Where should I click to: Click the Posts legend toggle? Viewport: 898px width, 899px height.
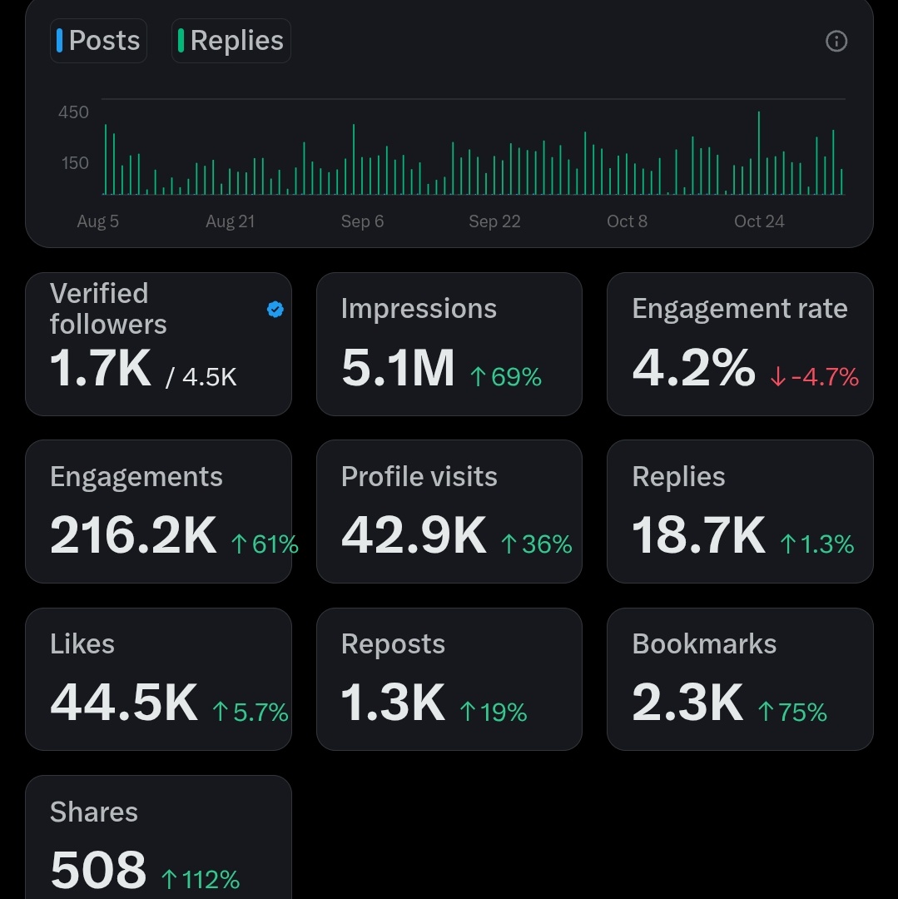pyautogui.click(x=98, y=41)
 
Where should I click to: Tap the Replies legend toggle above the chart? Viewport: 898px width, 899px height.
pyautogui.click(x=231, y=41)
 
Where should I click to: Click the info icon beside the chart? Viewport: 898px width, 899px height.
pyautogui.click(x=836, y=41)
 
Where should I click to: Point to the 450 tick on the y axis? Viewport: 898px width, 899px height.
pyautogui.click(x=73, y=112)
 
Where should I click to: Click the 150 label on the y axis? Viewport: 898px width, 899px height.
pyautogui.click(x=75, y=163)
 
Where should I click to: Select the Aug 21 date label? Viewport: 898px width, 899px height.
pyautogui.click(x=230, y=221)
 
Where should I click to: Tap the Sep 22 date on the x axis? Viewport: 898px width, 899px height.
pyautogui.click(x=494, y=221)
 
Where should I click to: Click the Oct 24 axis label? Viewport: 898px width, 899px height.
pyautogui.click(x=759, y=221)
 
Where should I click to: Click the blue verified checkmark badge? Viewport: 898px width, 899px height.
pyautogui.click(x=275, y=310)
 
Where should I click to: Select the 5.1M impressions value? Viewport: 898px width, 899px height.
pyautogui.click(x=398, y=369)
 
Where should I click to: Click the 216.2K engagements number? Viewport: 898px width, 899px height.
pyautogui.click(x=133, y=535)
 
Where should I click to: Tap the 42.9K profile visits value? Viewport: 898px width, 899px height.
pyautogui.click(x=414, y=535)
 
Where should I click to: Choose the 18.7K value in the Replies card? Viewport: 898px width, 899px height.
pyautogui.click(x=698, y=535)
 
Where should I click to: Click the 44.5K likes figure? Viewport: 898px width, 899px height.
pyautogui.click(x=124, y=703)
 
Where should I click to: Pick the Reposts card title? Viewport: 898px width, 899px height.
pyautogui.click(x=393, y=644)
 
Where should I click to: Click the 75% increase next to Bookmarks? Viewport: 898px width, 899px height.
pyautogui.click(x=792, y=713)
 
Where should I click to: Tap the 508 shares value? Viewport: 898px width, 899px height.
pyautogui.click(x=98, y=869)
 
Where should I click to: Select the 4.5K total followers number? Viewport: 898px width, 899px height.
pyautogui.click(x=209, y=377)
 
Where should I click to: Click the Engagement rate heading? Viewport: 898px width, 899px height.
pyautogui.click(x=740, y=309)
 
